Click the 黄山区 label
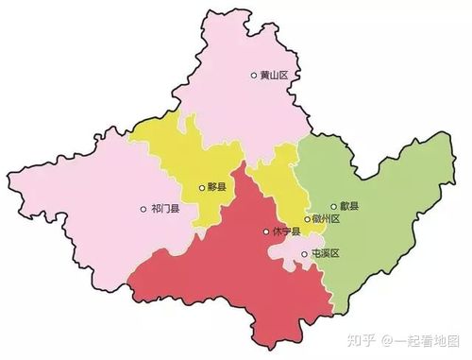tap(275, 76)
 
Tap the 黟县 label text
tap(217, 188)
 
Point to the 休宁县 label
tap(286, 231)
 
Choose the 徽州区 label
tap(325, 219)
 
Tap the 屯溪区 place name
tap(325, 254)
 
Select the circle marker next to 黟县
tap(201, 188)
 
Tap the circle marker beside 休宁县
tap(266, 231)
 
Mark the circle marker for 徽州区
tap(307, 219)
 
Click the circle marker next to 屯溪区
tap(304, 254)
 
